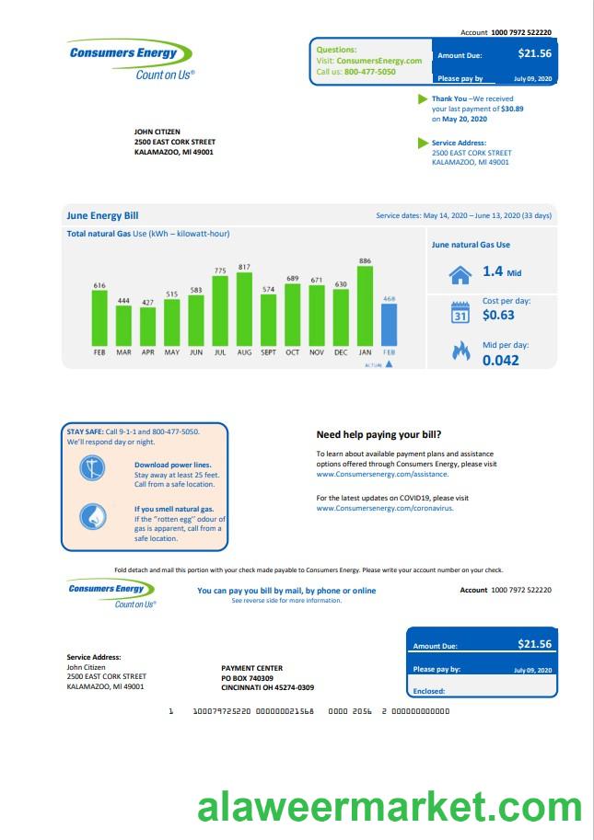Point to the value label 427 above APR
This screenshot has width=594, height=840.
tap(147, 302)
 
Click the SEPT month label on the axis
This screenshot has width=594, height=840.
tap(268, 352)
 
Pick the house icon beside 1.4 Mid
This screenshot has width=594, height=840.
tap(460, 273)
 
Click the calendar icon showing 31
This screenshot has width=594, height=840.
tap(460, 313)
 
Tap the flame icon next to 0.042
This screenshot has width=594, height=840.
tap(460, 351)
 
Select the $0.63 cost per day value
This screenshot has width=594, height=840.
tap(498, 316)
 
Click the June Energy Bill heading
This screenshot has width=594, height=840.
tap(102, 215)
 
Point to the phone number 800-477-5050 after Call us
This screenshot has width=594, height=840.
tap(370, 72)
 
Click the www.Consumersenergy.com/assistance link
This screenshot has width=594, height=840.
tap(382, 474)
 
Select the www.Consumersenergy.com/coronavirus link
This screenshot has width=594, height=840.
tap(385, 508)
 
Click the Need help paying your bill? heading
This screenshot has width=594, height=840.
tap(379, 434)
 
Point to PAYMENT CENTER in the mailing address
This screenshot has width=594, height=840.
tap(252, 668)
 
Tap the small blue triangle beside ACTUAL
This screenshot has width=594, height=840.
tap(389, 364)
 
